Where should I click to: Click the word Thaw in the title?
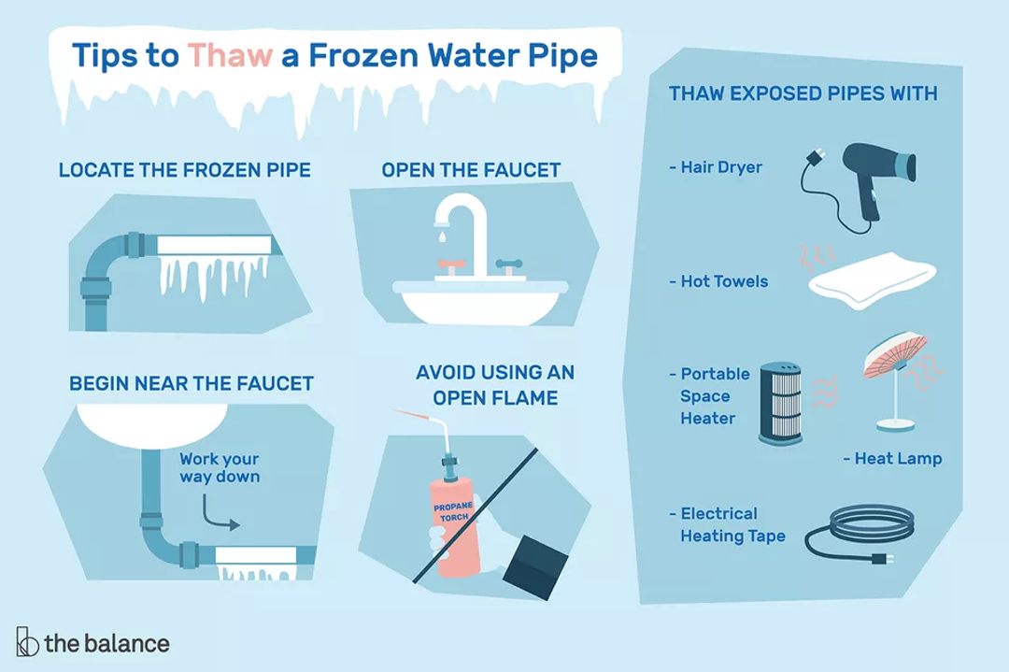(x=230, y=55)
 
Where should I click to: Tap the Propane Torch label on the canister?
(x=453, y=512)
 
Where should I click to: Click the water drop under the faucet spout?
(x=437, y=237)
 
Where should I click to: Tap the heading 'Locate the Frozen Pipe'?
(x=184, y=170)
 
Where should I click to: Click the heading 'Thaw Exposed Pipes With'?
(x=803, y=94)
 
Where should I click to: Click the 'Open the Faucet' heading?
(x=471, y=170)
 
